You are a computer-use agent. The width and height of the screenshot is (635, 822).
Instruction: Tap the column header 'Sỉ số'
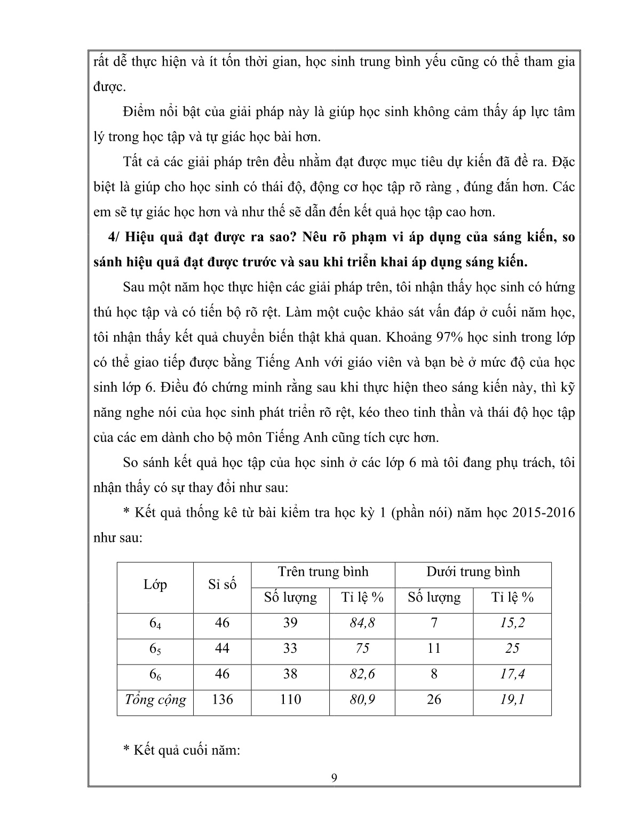coord(222,584)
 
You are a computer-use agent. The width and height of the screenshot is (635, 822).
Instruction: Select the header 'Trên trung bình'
coord(323,572)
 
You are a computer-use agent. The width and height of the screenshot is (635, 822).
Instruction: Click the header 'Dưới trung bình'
coord(473,572)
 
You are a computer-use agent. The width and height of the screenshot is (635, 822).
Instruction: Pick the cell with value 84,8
coord(362,623)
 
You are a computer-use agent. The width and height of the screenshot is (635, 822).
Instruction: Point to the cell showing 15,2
coord(512,623)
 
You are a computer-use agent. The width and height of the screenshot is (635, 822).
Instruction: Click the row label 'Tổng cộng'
coord(155,700)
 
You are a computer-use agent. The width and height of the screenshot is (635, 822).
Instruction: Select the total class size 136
coord(222,700)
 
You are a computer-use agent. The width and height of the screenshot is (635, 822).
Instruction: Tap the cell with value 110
coord(290,700)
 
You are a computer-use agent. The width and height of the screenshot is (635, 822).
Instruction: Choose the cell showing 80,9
coord(362,700)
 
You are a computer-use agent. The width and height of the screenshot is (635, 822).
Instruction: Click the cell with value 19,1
coord(512,700)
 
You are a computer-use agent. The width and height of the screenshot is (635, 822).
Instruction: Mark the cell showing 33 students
coord(290,649)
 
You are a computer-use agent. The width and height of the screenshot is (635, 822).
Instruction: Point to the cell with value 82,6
coord(362,674)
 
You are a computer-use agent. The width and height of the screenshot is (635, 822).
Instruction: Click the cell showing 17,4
coord(512,674)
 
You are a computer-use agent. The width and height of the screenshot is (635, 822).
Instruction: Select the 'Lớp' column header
coord(155,584)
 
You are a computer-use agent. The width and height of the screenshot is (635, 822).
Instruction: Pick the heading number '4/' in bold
coord(115,238)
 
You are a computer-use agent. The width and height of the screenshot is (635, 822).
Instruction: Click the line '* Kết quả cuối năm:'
coord(182,750)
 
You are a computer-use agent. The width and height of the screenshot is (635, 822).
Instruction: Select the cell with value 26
coord(434,700)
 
